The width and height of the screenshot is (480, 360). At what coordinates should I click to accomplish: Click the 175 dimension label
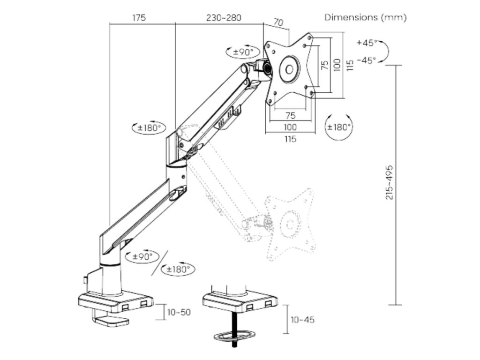(139, 18)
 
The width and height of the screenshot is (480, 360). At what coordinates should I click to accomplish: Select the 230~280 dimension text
(224, 18)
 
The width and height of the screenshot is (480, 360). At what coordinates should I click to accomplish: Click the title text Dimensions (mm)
(366, 17)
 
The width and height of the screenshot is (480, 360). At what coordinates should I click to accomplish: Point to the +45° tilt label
(367, 43)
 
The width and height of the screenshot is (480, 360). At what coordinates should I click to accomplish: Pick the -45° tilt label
(367, 60)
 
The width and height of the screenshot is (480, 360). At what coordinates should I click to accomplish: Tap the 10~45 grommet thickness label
(303, 320)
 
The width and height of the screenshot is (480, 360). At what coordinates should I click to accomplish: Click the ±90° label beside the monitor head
(243, 52)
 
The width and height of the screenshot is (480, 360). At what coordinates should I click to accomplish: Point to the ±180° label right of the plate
(339, 127)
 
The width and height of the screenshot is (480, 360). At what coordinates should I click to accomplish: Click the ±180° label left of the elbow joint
(149, 127)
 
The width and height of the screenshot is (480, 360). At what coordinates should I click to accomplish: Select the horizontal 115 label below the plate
(290, 139)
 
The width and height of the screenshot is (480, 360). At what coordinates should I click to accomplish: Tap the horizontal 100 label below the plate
(290, 127)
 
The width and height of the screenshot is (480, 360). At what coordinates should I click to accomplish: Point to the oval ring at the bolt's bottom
(233, 337)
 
